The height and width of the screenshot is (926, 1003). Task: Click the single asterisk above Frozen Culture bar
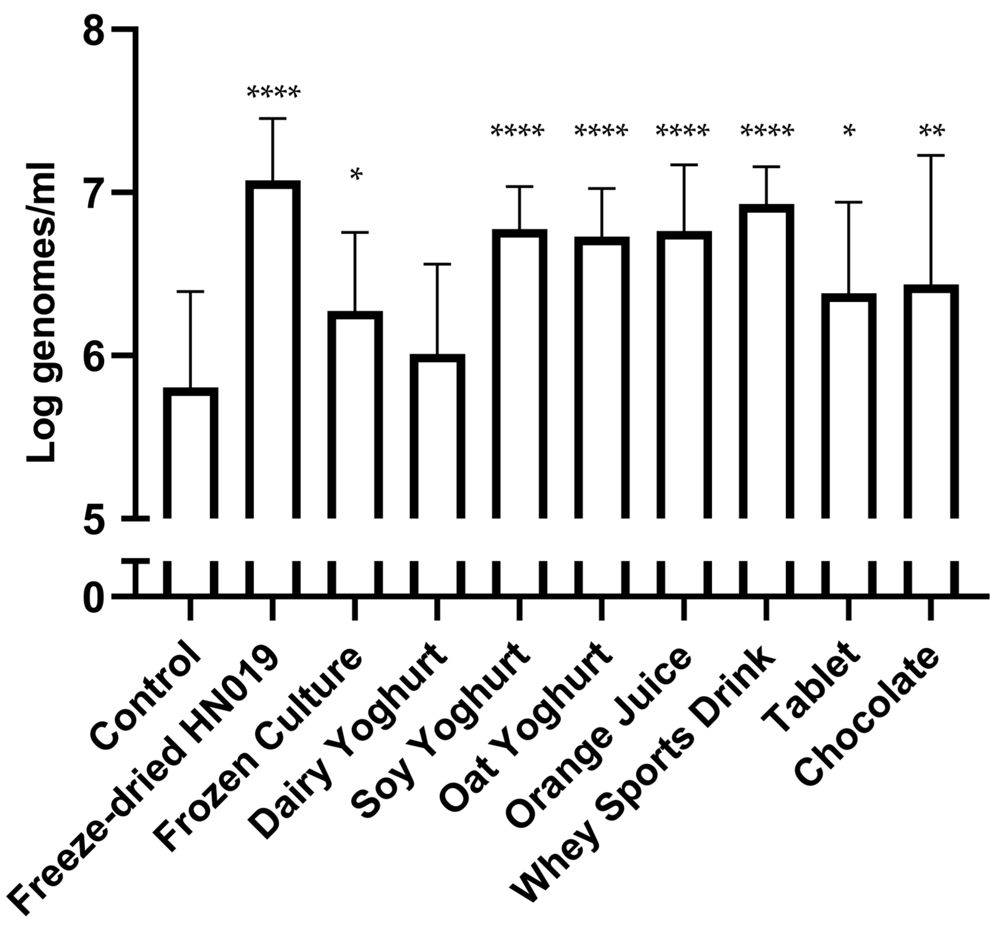[356, 176]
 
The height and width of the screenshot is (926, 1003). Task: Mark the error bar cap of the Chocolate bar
[931, 156]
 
